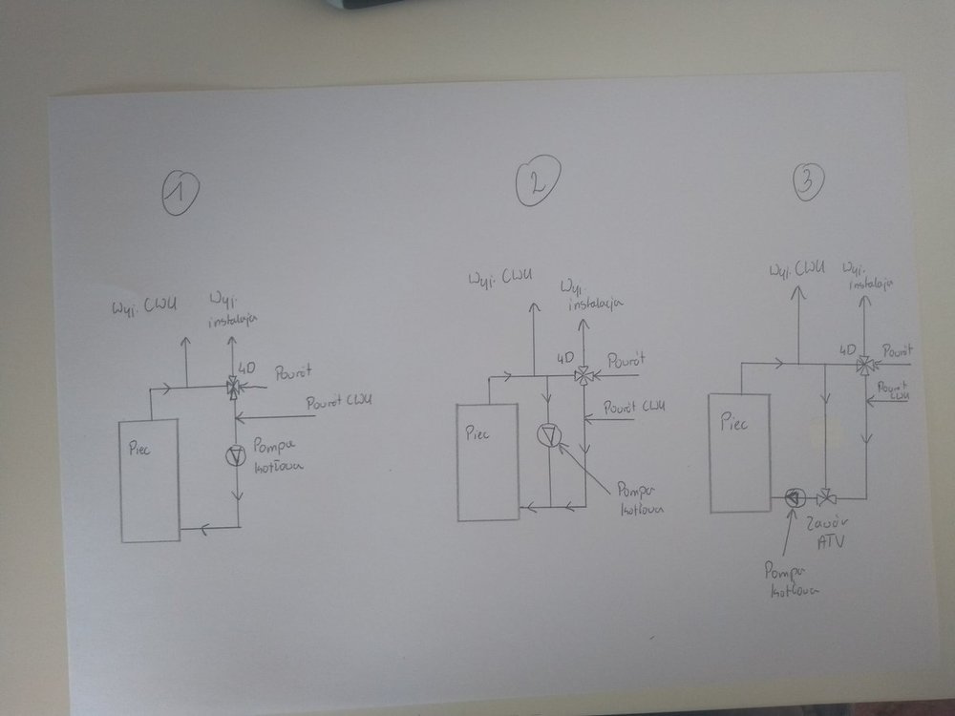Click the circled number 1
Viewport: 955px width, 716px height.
point(179,192)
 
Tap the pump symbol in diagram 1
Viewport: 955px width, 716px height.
point(235,456)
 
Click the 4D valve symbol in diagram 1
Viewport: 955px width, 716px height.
point(234,387)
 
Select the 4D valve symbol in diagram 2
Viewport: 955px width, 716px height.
point(585,375)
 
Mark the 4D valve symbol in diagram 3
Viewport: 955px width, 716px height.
point(864,364)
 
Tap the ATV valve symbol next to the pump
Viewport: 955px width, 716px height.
point(827,497)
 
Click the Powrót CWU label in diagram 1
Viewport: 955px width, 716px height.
point(338,403)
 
